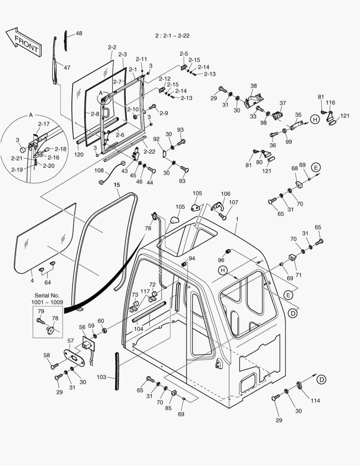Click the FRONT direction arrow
tap(24, 41)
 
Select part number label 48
tap(78, 33)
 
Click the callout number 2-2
tap(112, 47)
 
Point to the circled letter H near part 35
tap(315, 120)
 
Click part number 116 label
tap(330, 103)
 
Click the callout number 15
tap(117, 185)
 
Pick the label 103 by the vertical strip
tap(101, 377)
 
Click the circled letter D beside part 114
tap(321, 379)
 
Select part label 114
tap(316, 400)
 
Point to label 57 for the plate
tap(71, 341)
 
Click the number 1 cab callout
tap(236, 219)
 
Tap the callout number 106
tap(225, 194)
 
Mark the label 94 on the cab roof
tap(191, 258)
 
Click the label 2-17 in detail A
tap(44, 124)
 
